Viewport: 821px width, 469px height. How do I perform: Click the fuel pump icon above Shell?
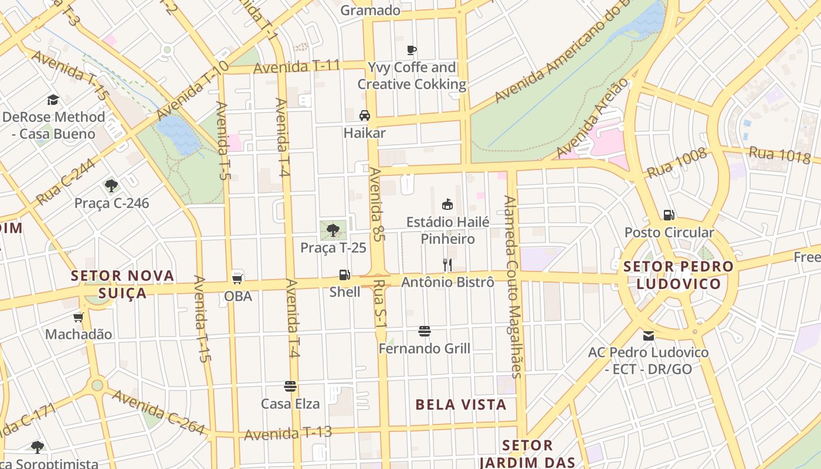tap(345, 274)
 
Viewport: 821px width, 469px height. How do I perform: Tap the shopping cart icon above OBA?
tap(238, 278)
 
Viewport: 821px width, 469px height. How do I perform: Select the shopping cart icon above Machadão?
tap(79, 317)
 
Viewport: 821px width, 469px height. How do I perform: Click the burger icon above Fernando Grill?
tap(425, 331)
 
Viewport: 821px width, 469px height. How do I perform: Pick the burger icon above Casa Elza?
tap(290, 386)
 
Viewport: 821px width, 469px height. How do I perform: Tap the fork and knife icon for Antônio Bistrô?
tap(447, 265)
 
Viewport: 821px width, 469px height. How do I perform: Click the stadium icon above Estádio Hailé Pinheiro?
tap(447, 204)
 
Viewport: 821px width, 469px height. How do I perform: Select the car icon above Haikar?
tap(365, 115)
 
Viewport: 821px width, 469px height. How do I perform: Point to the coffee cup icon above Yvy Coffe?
tap(412, 50)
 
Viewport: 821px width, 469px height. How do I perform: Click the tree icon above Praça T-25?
tap(333, 230)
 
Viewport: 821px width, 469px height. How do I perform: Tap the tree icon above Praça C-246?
tap(111, 186)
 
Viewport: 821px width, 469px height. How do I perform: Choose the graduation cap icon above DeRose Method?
tap(53, 99)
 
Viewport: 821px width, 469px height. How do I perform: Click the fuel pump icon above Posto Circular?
tap(669, 215)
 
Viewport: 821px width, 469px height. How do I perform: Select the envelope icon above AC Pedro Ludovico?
tap(649, 336)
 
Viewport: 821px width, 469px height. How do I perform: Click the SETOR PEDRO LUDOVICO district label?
tap(678, 275)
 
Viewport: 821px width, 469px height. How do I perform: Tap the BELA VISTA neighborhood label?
tap(461, 405)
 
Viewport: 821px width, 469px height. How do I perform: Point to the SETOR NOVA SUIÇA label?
tap(123, 284)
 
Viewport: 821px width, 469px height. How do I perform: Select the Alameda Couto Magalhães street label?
tap(512, 286)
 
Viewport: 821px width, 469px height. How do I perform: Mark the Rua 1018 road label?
tap(780, 155)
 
